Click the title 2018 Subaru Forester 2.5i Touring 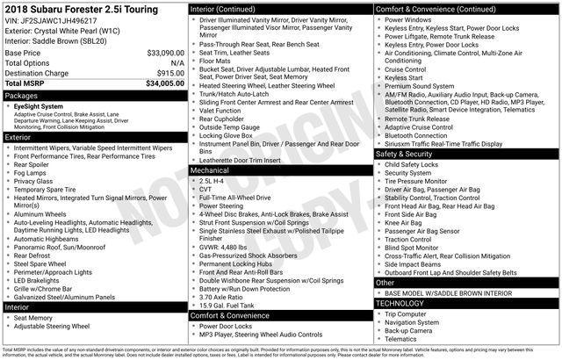click(x=88, y=8)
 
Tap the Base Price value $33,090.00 click(x=165, y=53)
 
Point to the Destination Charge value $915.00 click(x=169, y=73)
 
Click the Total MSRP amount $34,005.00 click(x=165, y=83)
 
